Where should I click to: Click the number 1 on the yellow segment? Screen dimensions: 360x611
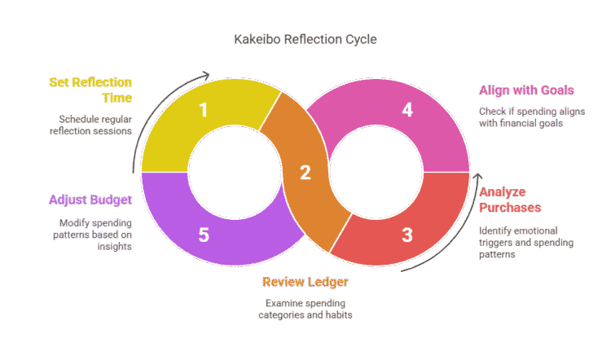(x=204, y=110)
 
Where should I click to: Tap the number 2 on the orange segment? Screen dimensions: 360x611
(x=305, y=173)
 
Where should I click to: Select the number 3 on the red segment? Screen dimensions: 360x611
(x=407, y=235)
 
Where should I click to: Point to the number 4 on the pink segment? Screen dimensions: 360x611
(x=407, y=110)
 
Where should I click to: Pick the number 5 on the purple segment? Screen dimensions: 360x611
(x=204, y=235)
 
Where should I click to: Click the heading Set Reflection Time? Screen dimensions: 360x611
(x=90, y=90)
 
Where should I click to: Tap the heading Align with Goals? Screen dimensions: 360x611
(x=515, y=90)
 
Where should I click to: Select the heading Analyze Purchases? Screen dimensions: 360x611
(x=510, y=200)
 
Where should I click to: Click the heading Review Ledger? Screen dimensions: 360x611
(x=305, y=282)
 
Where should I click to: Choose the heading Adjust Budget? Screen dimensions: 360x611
(x=90, y=200)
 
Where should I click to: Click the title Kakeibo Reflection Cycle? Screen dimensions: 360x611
(x=305, y=39)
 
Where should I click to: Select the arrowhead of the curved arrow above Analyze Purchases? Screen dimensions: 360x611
(x=478, y=175)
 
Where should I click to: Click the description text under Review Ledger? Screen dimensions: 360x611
(x=305, y=308)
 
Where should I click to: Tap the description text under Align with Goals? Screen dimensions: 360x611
(x=520, y=116)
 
